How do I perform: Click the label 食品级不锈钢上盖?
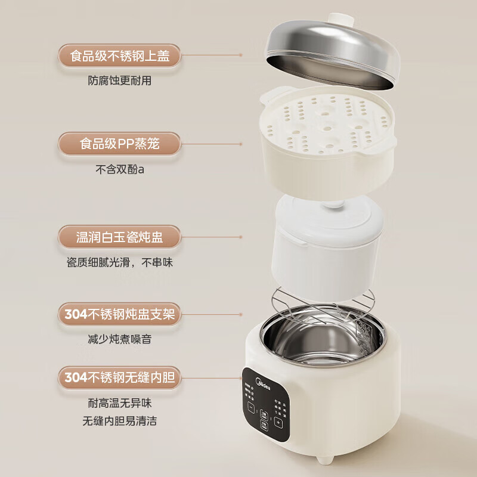[x=119, y=57]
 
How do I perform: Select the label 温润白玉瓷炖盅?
[x=119, y=237]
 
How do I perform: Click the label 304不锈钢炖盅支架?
[x=119, y=314]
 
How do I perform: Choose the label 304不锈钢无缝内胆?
[x=119, y=377]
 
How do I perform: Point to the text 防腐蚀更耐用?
[x=119, y=81]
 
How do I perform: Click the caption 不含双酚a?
[x=119, y=169]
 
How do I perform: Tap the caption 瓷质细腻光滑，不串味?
[x=119, y=262]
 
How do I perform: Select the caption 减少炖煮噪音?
[x=119, y=338]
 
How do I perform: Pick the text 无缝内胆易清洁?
[x=119, y=421]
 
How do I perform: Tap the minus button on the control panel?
[x=250, y=410]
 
